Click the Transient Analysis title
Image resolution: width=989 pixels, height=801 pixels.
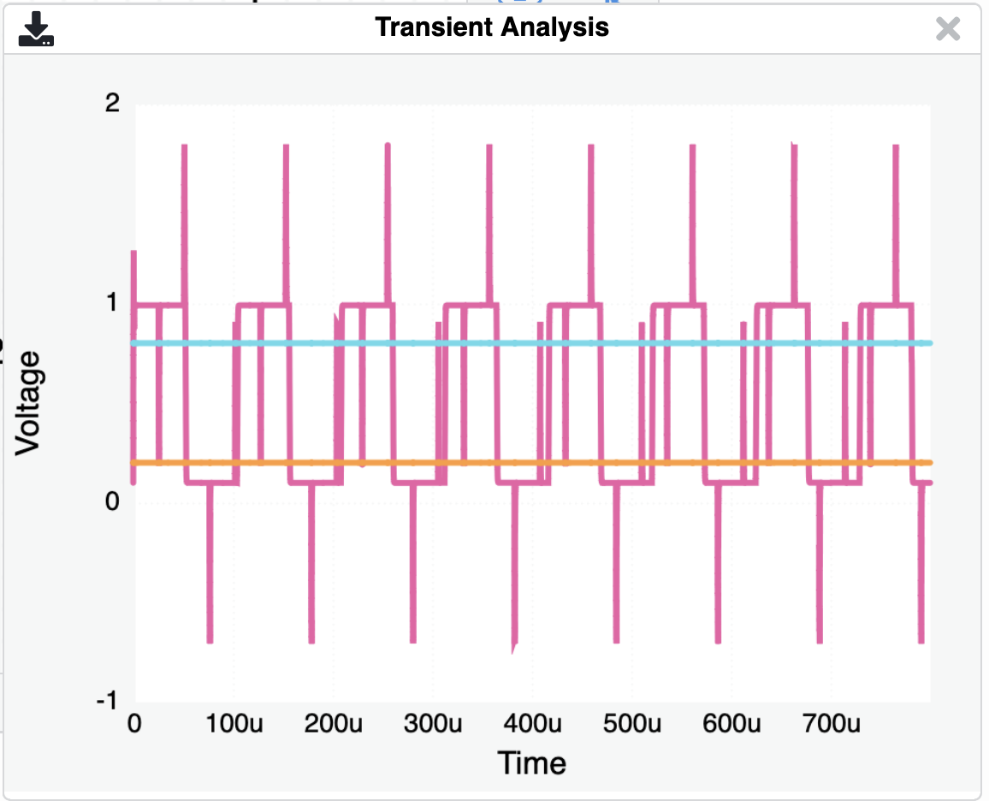click(492, 27)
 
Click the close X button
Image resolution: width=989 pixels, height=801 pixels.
click(948, 29)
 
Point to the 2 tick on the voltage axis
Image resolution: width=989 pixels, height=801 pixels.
click(111, 104)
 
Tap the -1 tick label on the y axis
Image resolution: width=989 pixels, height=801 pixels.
click(108, 701)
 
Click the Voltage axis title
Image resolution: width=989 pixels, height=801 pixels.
click(29, 402)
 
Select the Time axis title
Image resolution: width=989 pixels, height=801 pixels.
click(532, 762)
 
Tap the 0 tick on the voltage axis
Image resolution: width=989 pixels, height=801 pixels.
click(111, 501)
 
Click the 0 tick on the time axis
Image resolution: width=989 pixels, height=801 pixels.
click(133, 724)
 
